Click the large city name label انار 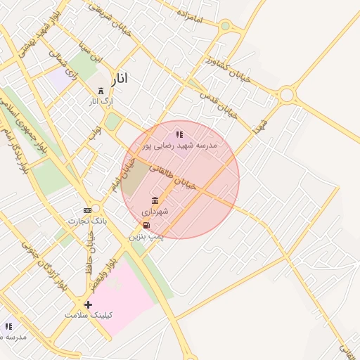pyautogui.click(x=120, y=78)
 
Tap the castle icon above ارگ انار pyautogui.click(x=100, y=91)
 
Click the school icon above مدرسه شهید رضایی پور pyautogui.click(x=179, y=134)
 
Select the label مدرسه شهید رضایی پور pyautogui.click(x=180, y=145)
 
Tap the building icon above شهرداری pyautogui.click(x=155, y=201)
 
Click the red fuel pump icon pyautogui.click(x=146, y=225)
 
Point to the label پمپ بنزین pyautogui.click(x=146, y=238)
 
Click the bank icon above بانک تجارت pyautogui.click(x=87, y=210)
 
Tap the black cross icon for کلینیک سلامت pyautogui.click(x=88, y=304)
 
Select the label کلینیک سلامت pyautogui.click(x=89, y=315)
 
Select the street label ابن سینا pyautogui.click(x=90, y=52)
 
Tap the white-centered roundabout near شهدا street pyautogui.click(x=286, y=95)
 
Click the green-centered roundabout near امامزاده pyautogui.click(x=225, y=26)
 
